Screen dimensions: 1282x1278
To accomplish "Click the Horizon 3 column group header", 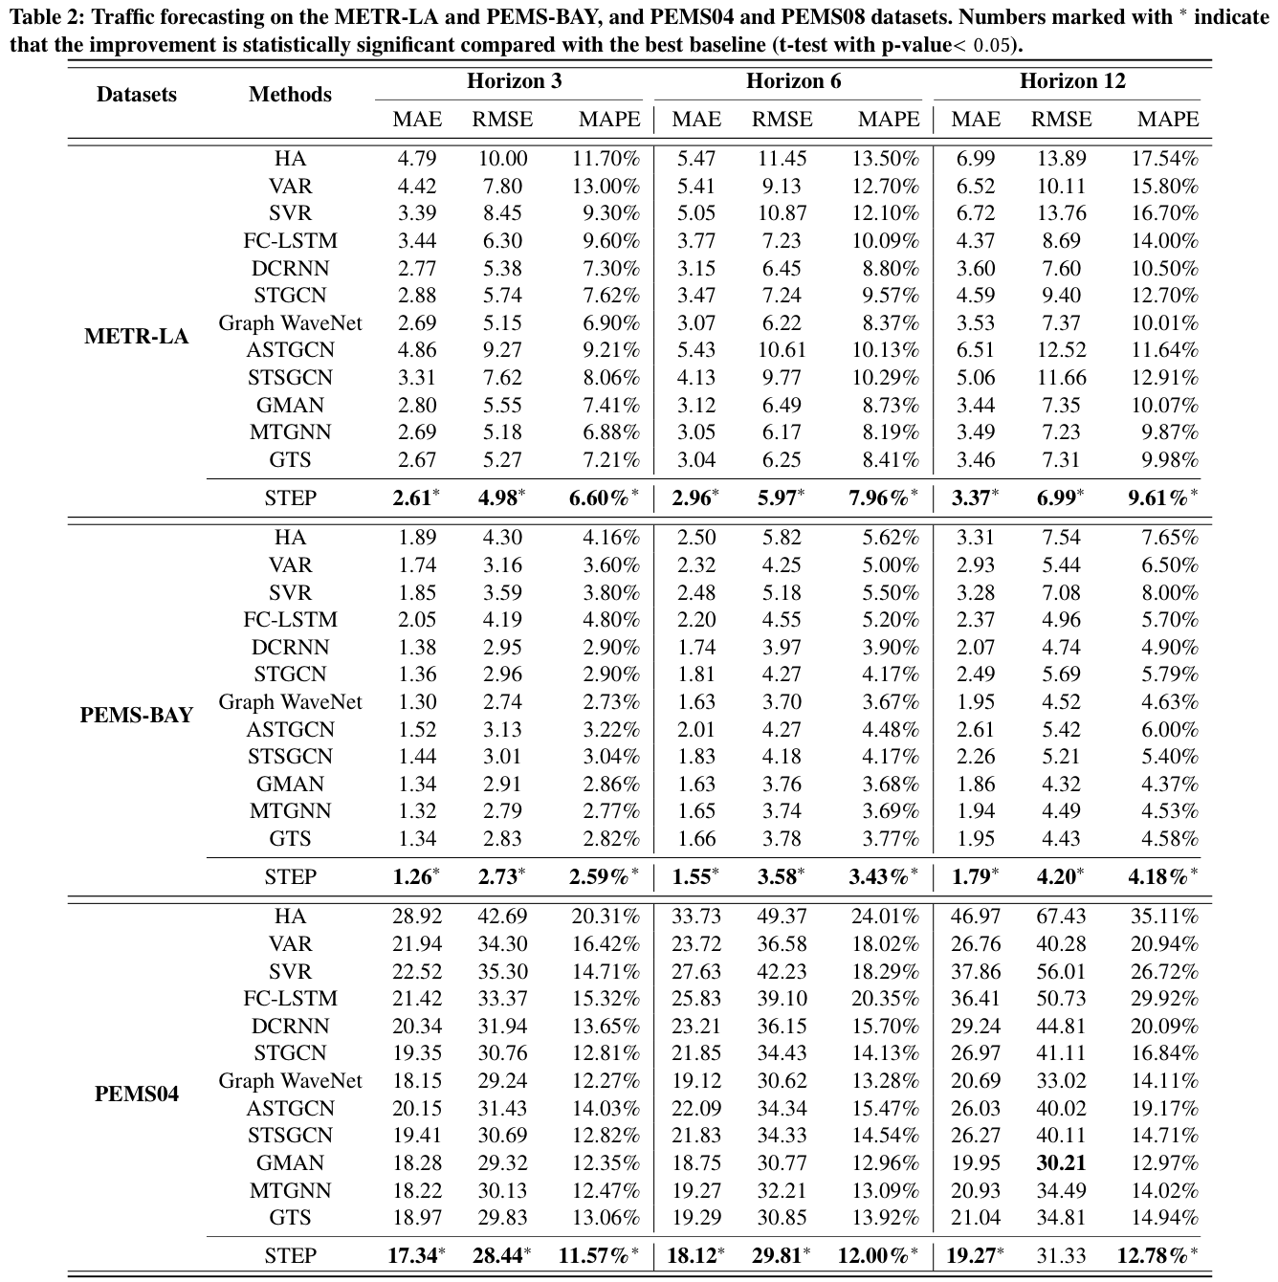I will point(514,81).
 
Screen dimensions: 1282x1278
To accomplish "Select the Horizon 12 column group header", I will point(1072,81).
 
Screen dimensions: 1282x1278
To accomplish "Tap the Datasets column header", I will point(137,94).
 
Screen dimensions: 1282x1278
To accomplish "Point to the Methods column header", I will point(290,94).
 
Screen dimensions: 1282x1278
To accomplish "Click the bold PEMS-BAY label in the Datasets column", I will point(137,715).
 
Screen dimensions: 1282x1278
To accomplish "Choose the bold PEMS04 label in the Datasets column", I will point(137,1094).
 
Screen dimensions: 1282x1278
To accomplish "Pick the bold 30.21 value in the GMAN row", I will point(1061,1162).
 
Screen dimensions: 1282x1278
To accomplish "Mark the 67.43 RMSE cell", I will point(1061,916).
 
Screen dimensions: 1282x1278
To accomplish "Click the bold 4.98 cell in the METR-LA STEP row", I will point(498,497).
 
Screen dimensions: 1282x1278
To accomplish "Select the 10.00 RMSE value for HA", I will point(502,158).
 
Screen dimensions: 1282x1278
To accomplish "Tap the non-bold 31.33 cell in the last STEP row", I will point(1061,1255).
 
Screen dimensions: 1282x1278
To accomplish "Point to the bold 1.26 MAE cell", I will point(413,876).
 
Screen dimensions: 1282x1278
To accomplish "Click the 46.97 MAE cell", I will point(975,916).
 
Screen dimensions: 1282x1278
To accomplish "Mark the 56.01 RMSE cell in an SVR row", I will point(1061,971).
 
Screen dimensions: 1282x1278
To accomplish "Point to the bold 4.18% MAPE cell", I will point(1158,876).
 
